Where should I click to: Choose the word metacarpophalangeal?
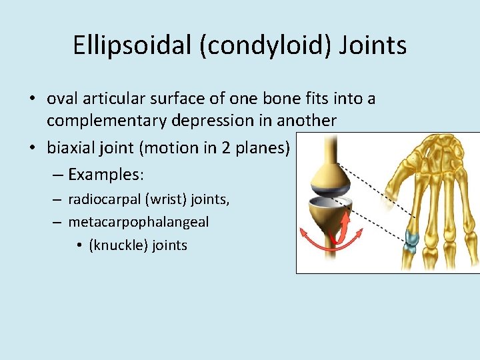138,222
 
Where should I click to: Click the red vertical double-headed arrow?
346,227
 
